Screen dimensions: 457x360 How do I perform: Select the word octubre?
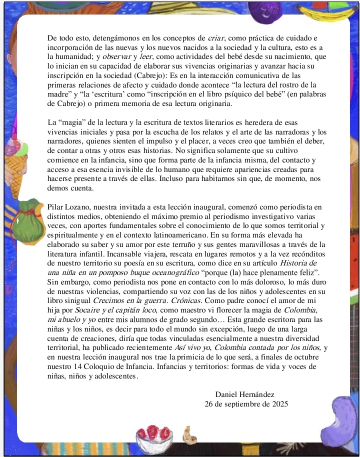pos(315,357)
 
